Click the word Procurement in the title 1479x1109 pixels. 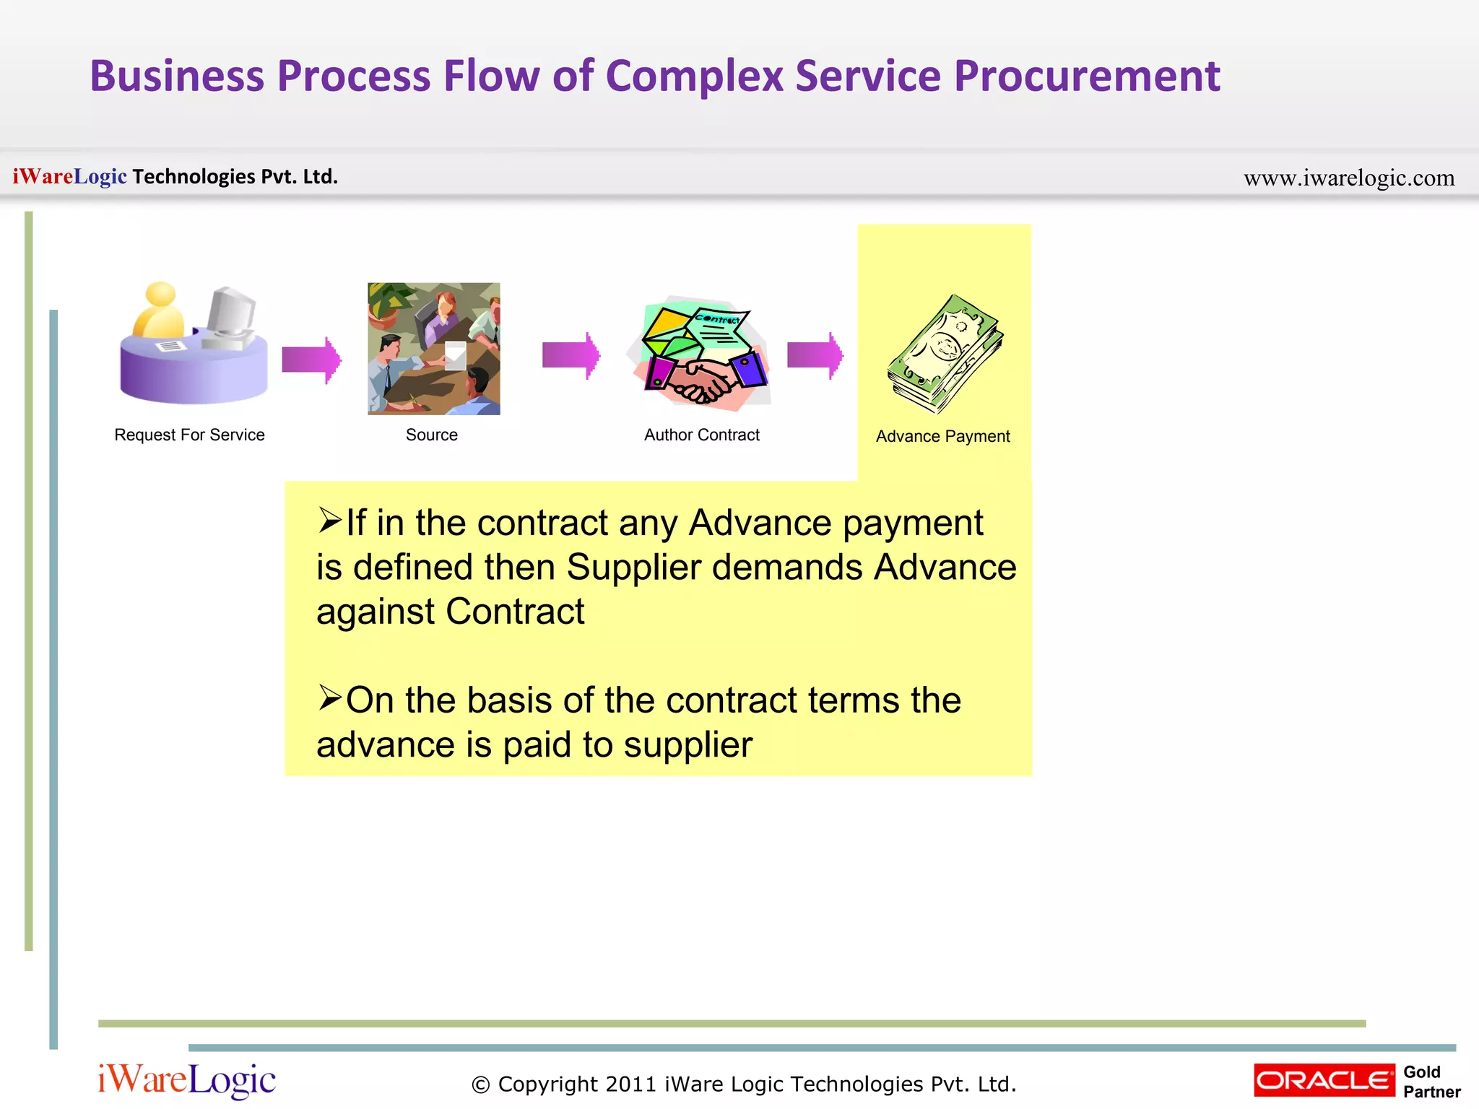pyautogui.click(x=1086, y=77)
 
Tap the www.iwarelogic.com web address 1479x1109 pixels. pyautogui.click(x=1348, y=178)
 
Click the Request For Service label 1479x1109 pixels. pyautogui.click(x=189, y=435)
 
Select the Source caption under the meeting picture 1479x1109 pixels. pyautogui.click(x=431, y=435)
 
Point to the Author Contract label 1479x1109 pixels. pyautogui.click(x=701, y=435)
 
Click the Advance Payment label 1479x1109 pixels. pyautogui.click(x=942, y=436)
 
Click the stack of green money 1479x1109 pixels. pyautogui.click(x=945, y=354)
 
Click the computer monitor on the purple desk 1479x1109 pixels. pyautogui.click(x=231, y=314)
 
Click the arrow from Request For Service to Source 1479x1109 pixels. pyautogui.click(x=311, y=359)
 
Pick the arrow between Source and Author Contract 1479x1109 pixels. pyautogui.click(x=571, y=355)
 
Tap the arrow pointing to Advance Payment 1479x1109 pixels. pyautogui.click(x=815, y=355)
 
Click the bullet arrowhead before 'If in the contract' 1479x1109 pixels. pyautogui.click(x=329, y=520)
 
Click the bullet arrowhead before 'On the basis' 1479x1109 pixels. pyautogui.click(x=329, y=697)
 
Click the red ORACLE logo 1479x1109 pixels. pyautogui.click(x=1324, y=1080)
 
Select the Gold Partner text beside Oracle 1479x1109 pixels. pyautogui.click(x=1431, y=1082)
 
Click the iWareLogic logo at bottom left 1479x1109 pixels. pyautogui.click(x=187, y=1080)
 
